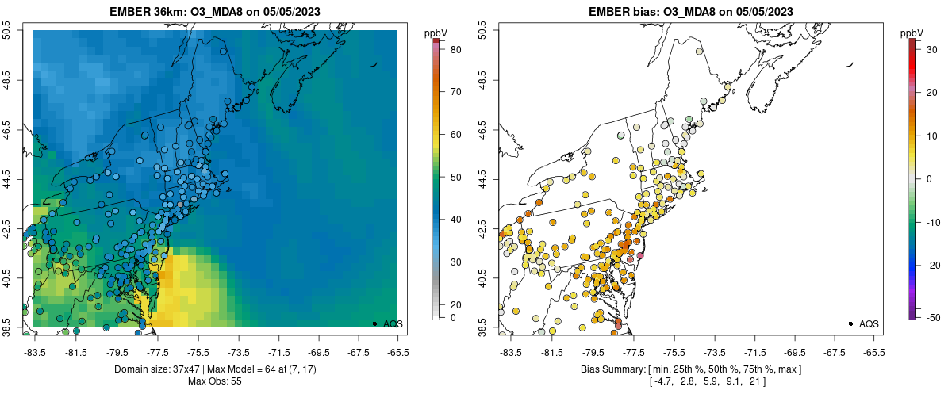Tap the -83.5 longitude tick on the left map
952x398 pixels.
35,351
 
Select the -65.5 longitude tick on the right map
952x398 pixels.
873,351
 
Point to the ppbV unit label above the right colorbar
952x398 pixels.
912,33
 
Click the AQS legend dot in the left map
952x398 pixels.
374,323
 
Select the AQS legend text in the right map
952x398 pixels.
869,323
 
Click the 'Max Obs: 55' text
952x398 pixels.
214,381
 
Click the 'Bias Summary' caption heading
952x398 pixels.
611,369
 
